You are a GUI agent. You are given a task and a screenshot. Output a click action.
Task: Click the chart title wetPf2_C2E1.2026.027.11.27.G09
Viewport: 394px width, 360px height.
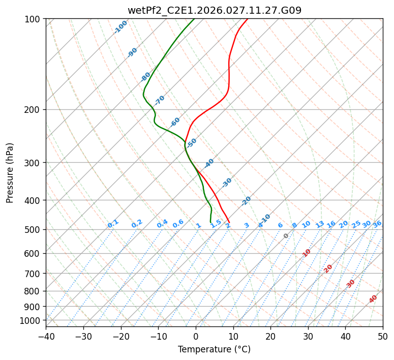click(214, 10)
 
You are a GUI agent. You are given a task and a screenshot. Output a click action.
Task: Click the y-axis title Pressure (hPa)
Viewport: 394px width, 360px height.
click(10, 173)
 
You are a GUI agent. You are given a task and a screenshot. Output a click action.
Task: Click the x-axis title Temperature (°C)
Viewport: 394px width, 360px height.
click(214, 349)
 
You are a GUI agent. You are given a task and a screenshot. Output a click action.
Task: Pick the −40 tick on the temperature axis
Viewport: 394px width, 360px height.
click(46, 336)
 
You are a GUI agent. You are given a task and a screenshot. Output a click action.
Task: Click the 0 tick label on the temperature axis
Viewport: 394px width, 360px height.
click(196, 336)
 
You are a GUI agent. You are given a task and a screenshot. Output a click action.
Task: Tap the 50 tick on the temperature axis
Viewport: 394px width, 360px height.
click(383, 336)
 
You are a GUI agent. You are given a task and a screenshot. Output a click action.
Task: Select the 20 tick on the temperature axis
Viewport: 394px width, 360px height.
click(270, 336)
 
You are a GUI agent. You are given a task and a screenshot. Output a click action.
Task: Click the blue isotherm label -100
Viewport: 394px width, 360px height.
click(120, 27)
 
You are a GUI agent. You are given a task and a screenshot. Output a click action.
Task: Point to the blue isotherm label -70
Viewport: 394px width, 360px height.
click(160, 100)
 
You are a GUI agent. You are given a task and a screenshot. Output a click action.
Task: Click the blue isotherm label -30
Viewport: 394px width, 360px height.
click(227, 183)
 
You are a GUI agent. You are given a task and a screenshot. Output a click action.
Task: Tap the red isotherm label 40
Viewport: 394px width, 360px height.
click(373, 299)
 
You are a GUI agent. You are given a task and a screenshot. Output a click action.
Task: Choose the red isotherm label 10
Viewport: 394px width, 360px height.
click(307, 253)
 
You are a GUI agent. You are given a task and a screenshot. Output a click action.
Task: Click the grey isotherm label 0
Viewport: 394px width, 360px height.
click(286, 236)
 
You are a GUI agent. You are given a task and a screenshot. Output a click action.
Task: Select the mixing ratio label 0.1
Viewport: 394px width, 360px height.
click(113, 223)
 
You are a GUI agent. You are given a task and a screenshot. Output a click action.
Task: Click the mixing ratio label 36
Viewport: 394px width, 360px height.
click(377, 224)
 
